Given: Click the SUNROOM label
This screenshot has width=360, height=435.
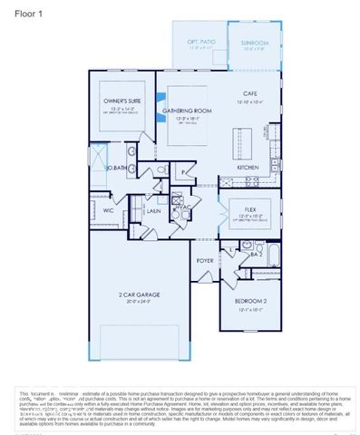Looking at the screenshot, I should coord(255,43).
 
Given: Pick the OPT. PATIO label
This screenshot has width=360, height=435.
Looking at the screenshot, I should coord(199,43).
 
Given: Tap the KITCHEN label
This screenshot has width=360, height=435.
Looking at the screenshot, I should coord(249,168).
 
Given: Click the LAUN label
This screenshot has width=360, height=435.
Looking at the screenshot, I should coord(154,210).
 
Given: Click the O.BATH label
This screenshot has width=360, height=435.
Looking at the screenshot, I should coord(115,169).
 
